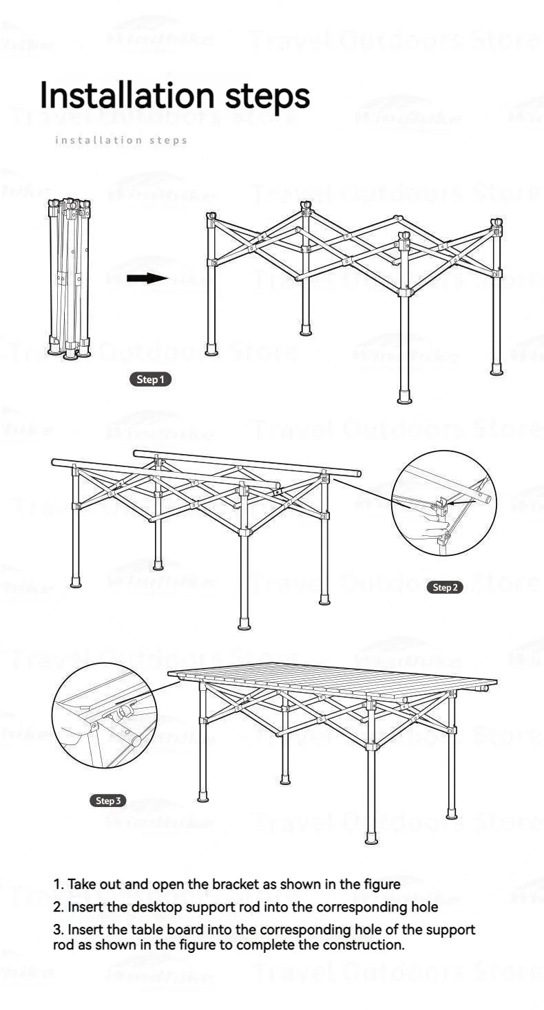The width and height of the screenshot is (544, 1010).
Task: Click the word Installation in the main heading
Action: pyautogui.click(x=128, y=95)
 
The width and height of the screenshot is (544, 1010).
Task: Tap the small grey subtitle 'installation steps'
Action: pyautogui.click(x=121, y=140)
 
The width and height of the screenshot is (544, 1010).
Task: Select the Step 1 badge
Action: pyautogui.click(x=150, y=379)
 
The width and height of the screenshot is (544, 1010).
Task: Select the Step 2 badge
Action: pyautogui.click(x=445, y=587)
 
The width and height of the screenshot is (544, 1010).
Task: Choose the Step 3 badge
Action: pyautogui.click(x=108, y=800)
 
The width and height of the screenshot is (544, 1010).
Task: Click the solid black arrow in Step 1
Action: pyautogui.click(x=147, y=279)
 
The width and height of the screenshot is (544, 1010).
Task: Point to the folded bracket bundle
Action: pyautogui.click(x=68, y=279)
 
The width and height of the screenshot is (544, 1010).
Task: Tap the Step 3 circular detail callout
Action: pyautogui.click(x=105, y=716)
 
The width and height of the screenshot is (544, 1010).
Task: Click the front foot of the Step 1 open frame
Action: pyautogui.click(x=404, y=398)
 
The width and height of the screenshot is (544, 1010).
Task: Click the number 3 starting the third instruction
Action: pyautogui.click(x=57, y=930)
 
